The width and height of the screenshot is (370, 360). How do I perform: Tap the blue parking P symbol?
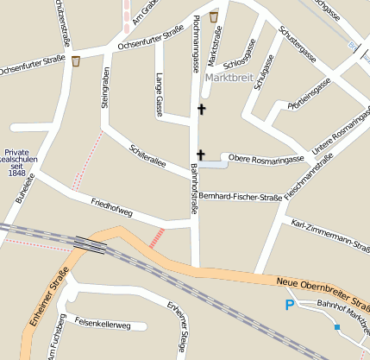coord(290,304)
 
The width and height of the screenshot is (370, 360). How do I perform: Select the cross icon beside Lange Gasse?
coord(202,109)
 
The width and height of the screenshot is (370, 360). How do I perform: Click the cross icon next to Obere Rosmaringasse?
coord(200,155)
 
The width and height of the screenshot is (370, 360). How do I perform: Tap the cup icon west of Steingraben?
coord(77,61)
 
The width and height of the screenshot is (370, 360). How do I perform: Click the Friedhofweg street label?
coord(111,207)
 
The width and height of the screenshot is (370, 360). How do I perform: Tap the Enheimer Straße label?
coord(47,298)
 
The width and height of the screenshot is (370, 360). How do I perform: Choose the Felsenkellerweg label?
coord(103,325)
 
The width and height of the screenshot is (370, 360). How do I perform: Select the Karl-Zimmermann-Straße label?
coord(331,235)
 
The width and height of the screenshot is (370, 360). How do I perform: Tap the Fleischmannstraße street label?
coord(309,178)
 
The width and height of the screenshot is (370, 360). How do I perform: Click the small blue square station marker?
coord(336,327)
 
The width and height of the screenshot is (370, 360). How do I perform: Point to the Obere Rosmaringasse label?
coord(267,160)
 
